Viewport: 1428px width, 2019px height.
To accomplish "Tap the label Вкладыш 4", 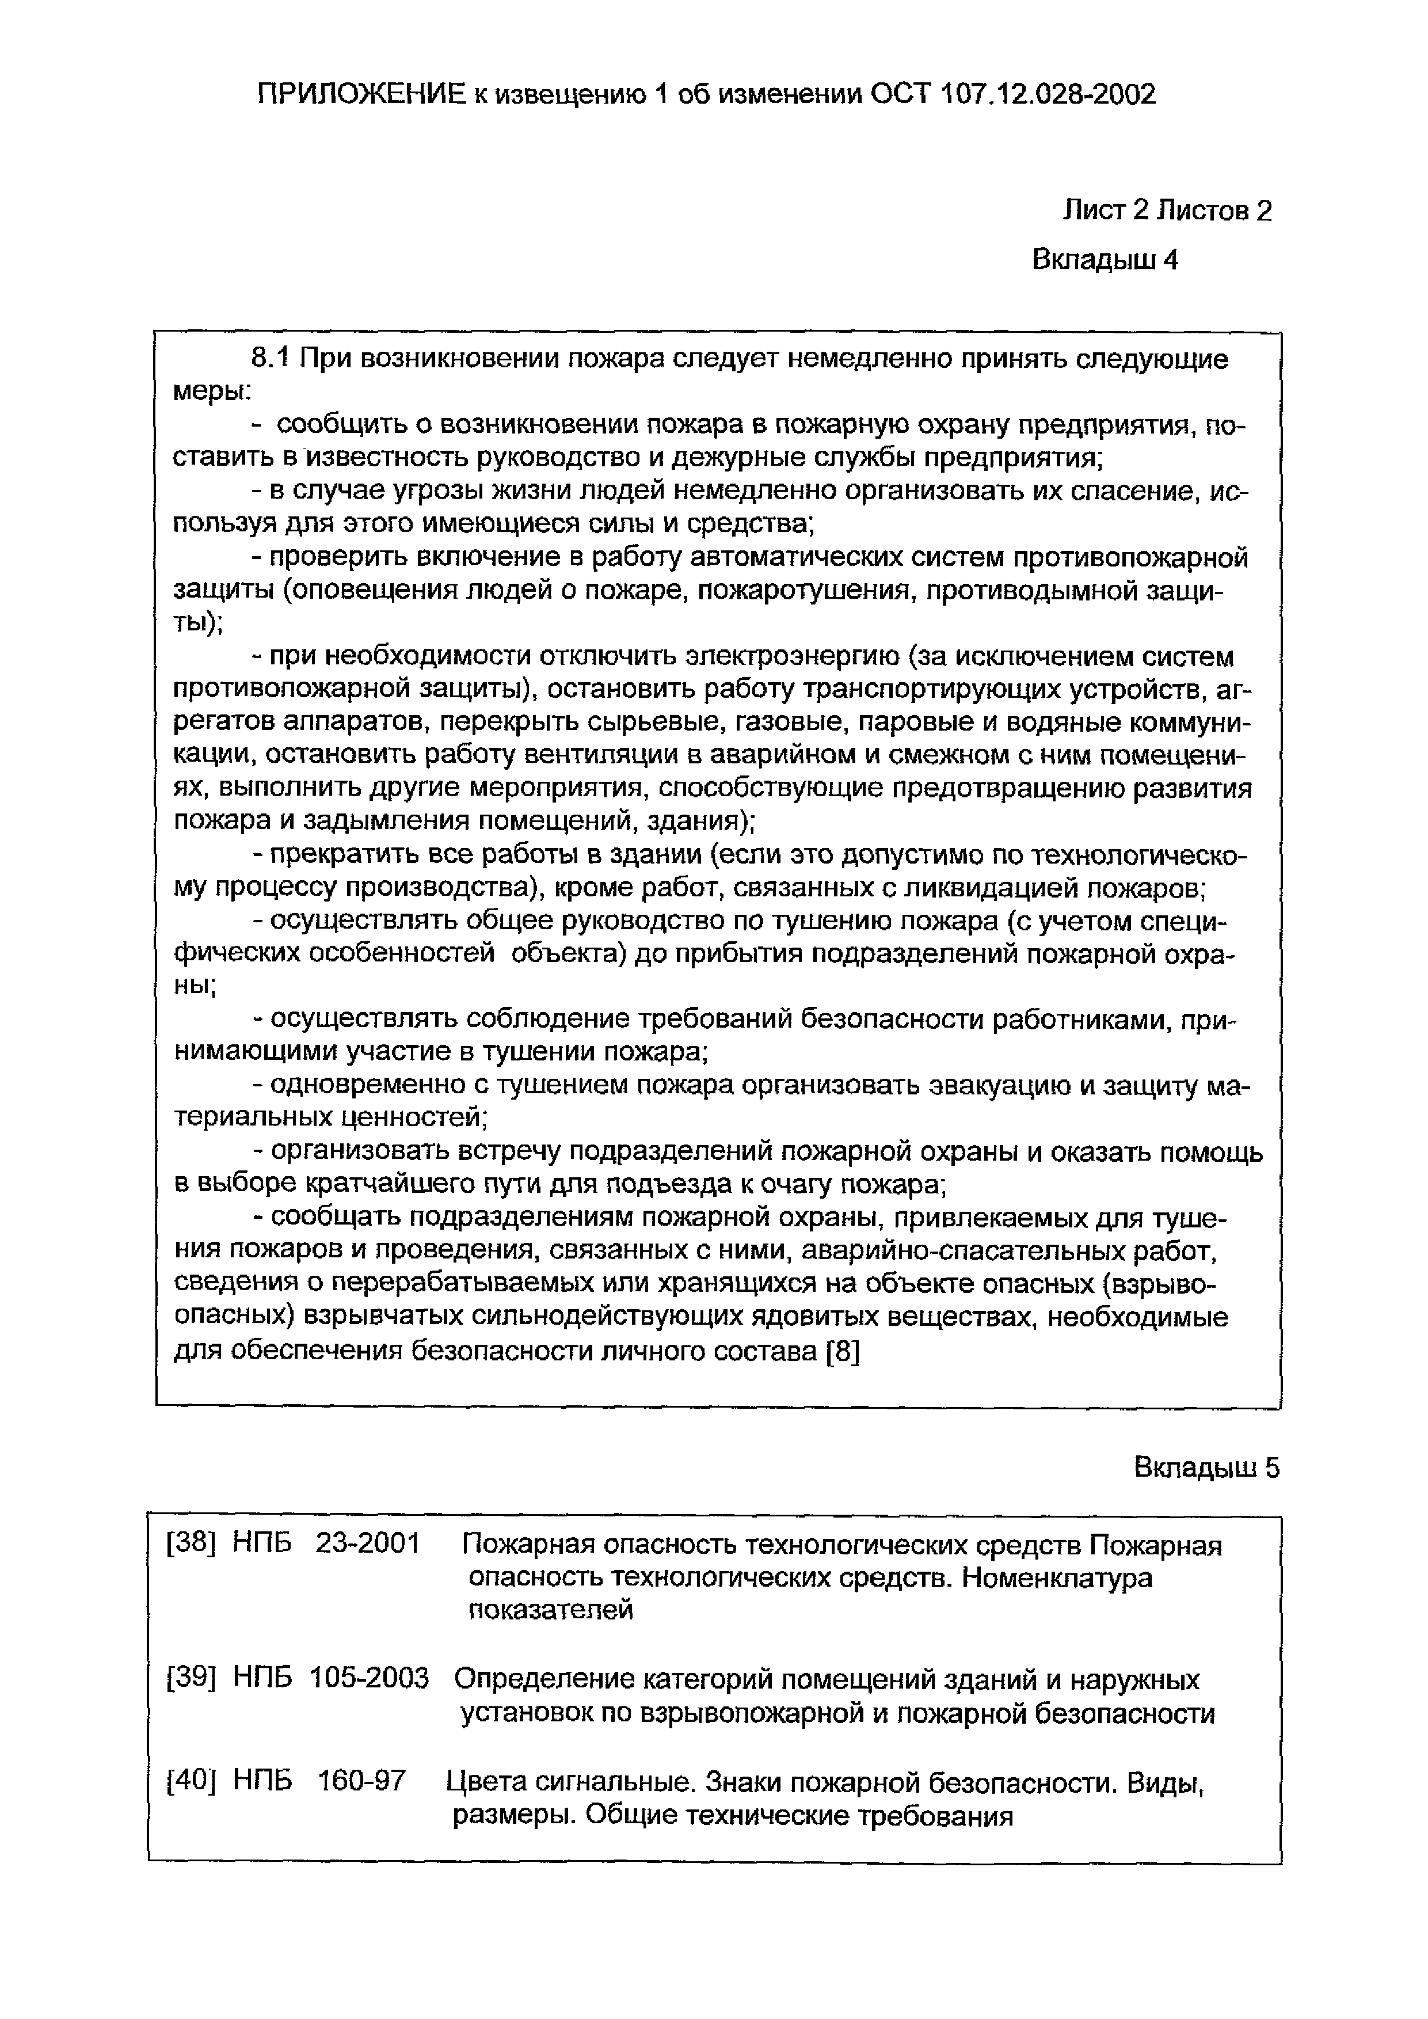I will pyautogui.click(x=1105, y=260).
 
